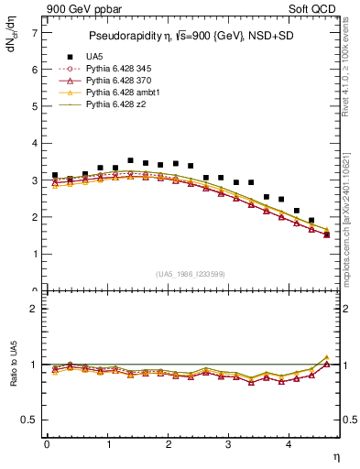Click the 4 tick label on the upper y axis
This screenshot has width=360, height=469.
click(x=35, y=144)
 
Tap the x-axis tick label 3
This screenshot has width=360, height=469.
click(x=229, y=444)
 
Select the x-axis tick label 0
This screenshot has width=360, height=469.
click(x=47, y=444)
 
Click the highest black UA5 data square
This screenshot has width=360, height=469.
click(x=130, y=160)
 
